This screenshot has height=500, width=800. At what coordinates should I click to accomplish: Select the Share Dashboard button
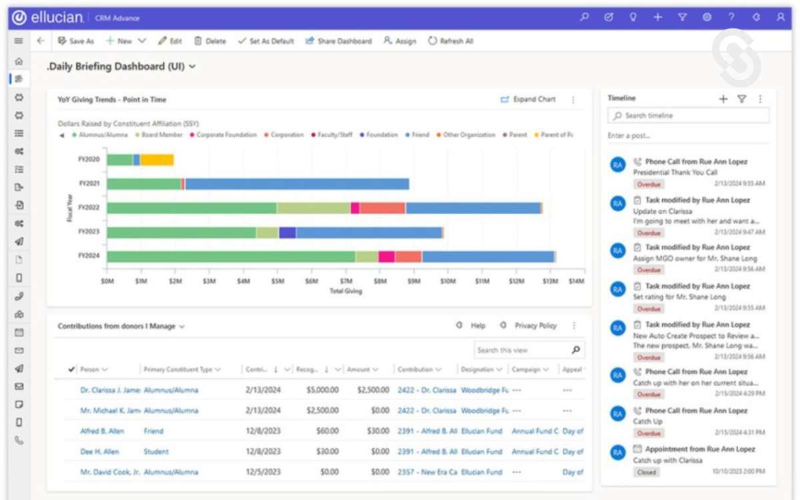[x=339, y=41]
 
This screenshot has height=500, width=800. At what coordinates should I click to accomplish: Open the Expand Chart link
[x=528, y=99]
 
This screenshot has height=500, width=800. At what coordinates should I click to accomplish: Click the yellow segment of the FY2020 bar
[x=157, y=160]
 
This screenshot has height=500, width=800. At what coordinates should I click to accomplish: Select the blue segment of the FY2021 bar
[x=297, y=184]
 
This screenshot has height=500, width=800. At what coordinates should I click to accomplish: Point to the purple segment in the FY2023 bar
[x=287, y=232]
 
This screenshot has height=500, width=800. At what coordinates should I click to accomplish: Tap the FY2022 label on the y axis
[x=89, y=208]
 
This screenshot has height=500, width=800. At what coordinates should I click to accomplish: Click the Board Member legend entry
[x=160, y=135]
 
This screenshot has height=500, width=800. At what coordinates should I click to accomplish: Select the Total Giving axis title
[x=345, y=291]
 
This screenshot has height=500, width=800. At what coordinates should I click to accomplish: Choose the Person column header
[x=90, y=369]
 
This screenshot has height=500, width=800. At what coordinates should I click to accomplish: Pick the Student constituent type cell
[x=156, y=452]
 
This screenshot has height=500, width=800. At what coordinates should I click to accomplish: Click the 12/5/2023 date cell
[x=259, y=472]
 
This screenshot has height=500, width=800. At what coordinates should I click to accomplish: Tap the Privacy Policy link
[x=535, y=326]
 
